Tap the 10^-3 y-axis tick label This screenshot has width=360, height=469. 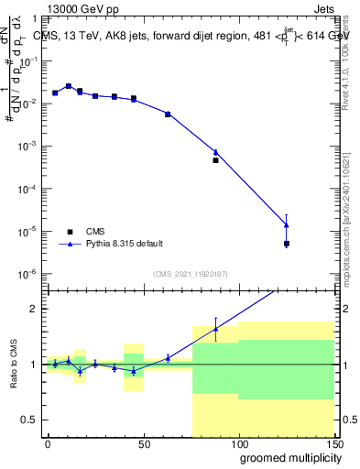pyautogui.click(x=31, y=147)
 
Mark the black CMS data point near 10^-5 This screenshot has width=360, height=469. pyautogui.click(x=287, y=244)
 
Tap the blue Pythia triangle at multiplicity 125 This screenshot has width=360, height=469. pyautogui.click(x=287, y=224)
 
